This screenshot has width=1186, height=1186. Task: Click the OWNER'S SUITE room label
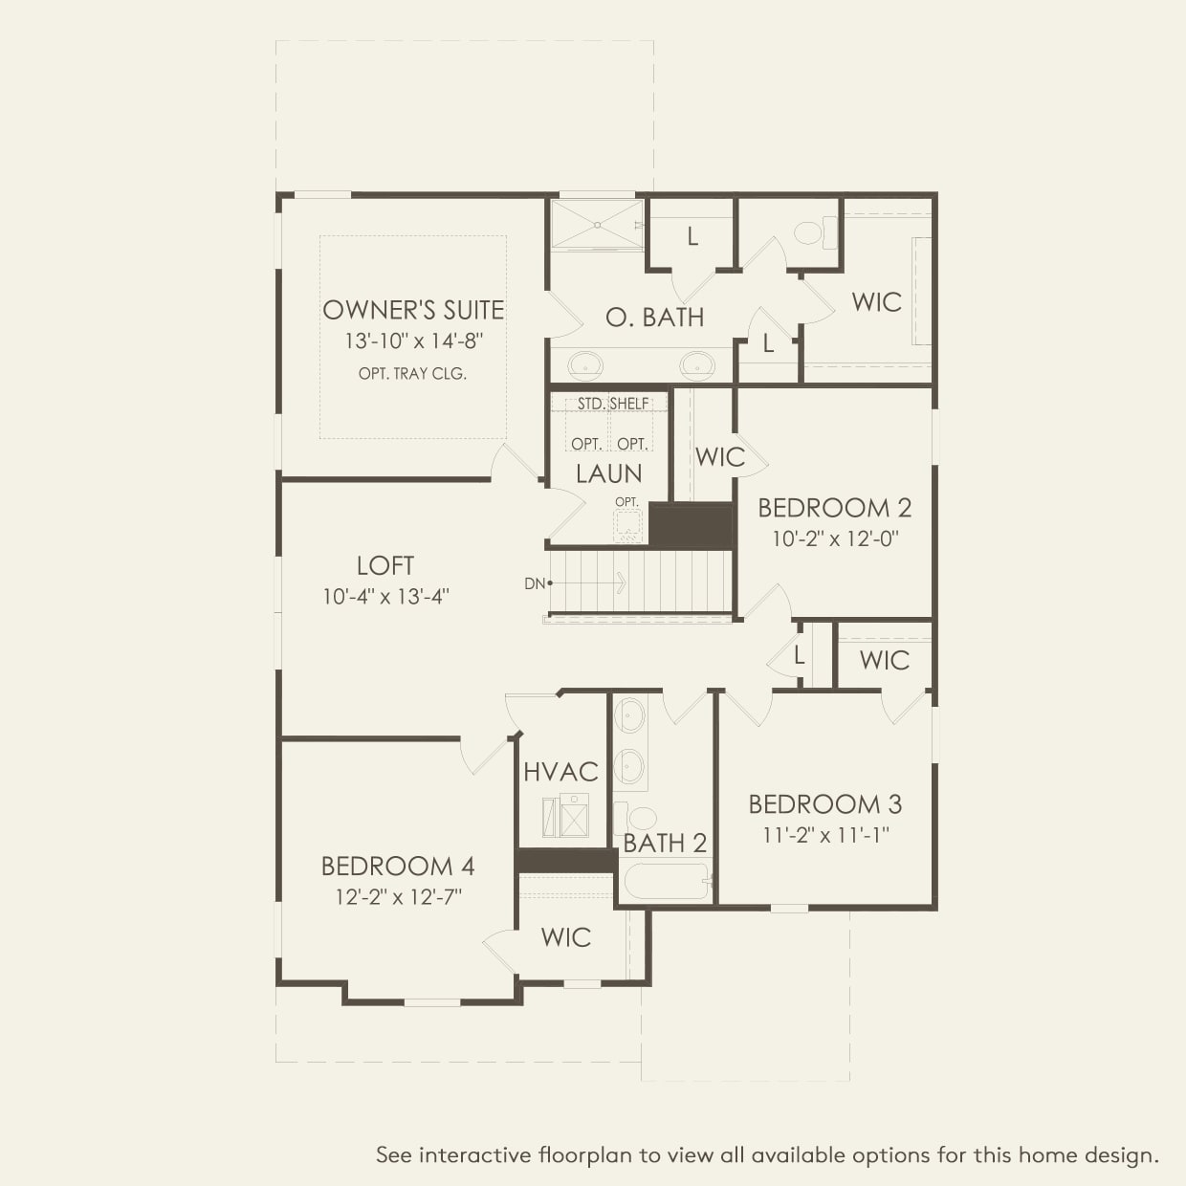(413, 310)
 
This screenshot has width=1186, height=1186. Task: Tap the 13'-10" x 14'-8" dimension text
(414, 341)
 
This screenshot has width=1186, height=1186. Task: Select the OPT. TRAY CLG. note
(412, 374)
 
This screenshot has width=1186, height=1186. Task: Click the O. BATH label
(655, 318)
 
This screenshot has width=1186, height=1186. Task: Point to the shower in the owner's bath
(597, 225)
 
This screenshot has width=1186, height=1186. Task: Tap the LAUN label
(608, 473)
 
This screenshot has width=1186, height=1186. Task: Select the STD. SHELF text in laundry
(613, 404)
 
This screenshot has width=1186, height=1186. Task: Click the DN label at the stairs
(534, 582)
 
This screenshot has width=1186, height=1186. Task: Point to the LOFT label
(385, 565)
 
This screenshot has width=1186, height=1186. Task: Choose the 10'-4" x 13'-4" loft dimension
(385, 597)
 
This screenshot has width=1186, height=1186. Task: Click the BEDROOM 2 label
(834, 508)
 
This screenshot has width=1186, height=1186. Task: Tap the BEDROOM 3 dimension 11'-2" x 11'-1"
(825, 835)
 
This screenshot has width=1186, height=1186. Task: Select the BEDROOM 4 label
(398, 867)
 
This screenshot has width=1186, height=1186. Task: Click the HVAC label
(560, 772)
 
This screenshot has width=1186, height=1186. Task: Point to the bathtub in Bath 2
(666, 881)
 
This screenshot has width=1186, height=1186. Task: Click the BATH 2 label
(665, 844)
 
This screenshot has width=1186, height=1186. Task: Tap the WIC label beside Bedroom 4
(566, 937)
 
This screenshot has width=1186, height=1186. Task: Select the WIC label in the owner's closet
(876, 302)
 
